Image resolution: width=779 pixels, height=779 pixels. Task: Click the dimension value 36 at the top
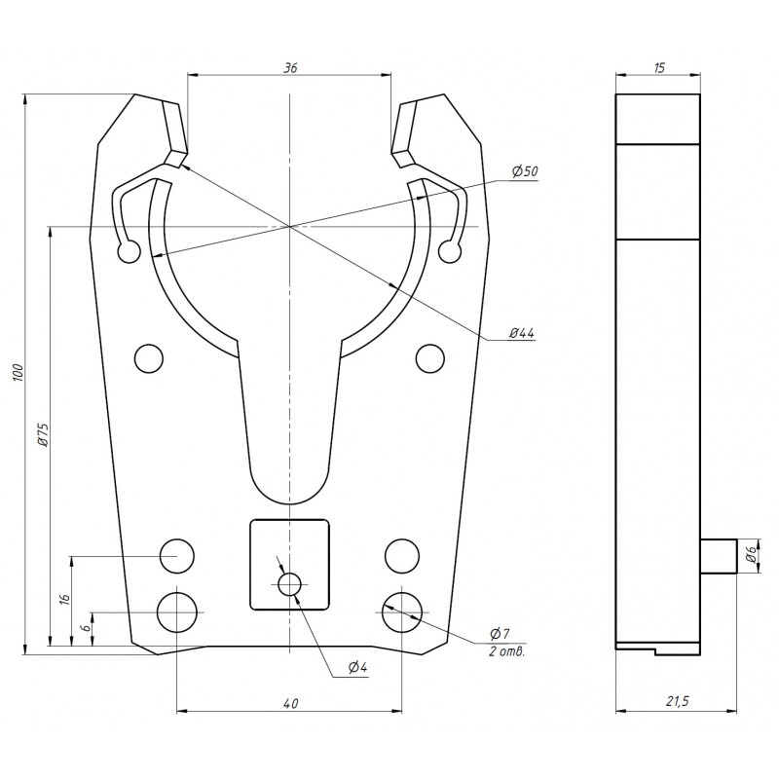click(x=289, y=67)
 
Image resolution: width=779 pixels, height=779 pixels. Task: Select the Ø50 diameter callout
click(x=525, y=171)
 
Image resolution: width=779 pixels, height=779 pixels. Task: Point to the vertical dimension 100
click(x=17, y=374)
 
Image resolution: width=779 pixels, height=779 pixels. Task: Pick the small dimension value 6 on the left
click(x=87, y=629)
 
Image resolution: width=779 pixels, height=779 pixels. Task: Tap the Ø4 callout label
click(x=356, y=667)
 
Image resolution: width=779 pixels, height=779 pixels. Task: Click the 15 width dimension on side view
click(x=658, y=67)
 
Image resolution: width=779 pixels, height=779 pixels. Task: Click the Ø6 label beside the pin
click(x=751, y=556)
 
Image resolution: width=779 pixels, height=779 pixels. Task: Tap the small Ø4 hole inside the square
click(x=289, y=583)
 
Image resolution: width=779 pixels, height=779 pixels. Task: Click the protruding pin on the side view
click(x=719, y=556)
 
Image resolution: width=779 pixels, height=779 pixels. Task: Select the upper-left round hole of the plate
click(x=149, y=357)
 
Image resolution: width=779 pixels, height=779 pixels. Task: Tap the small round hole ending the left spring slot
click(x=128, y=252)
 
